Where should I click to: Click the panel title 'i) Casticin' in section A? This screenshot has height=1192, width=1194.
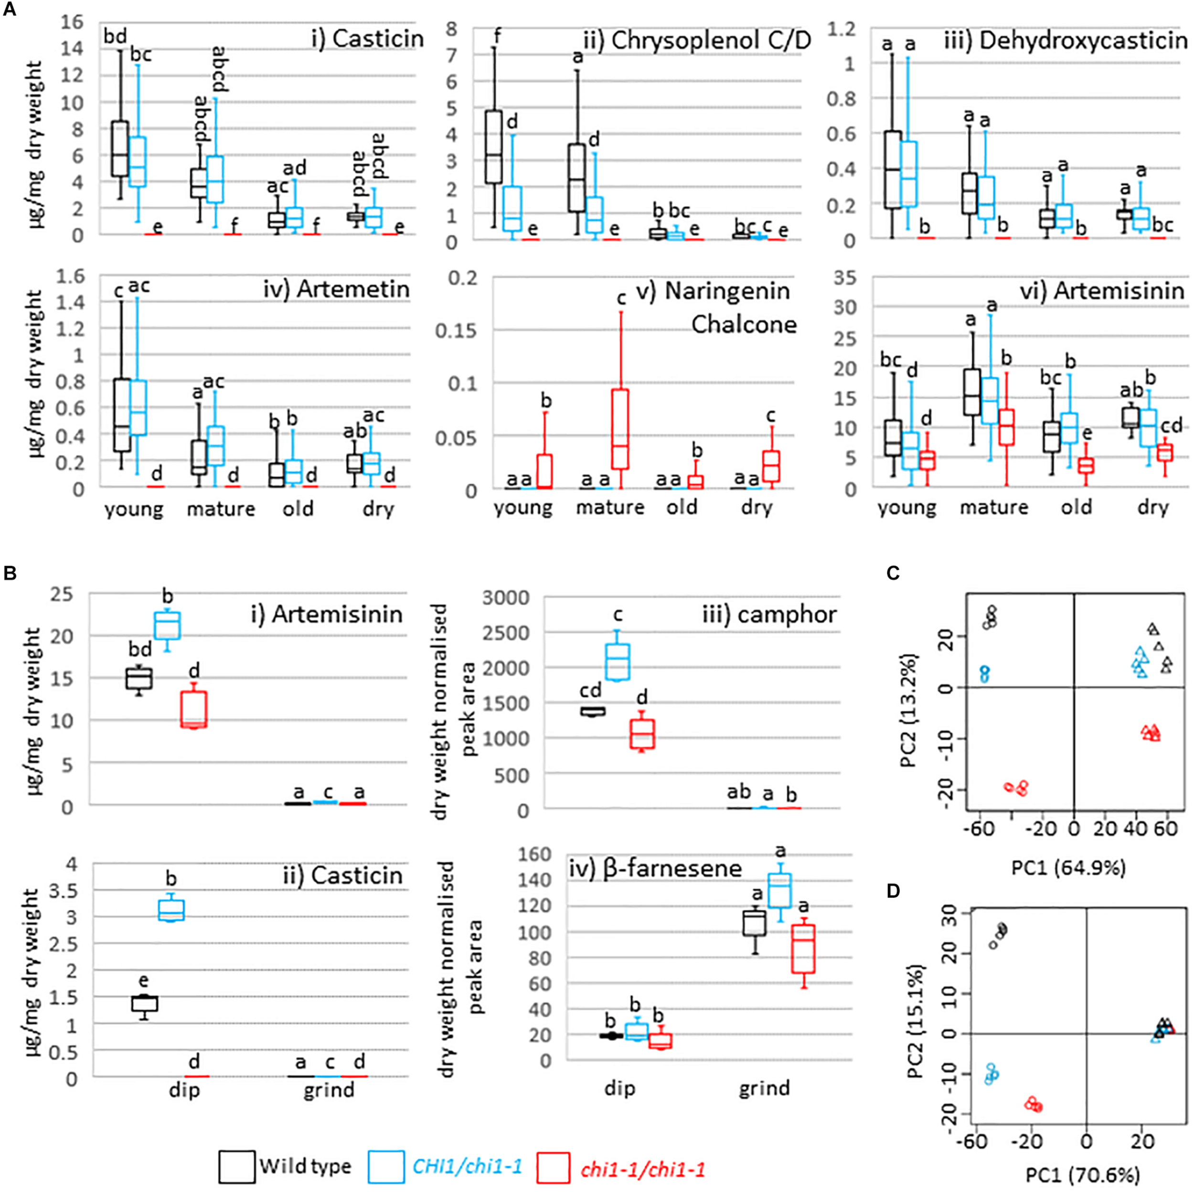[368, 38]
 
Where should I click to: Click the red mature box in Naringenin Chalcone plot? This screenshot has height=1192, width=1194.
[618, 428]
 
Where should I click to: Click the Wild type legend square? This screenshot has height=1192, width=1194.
[237, 1166]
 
